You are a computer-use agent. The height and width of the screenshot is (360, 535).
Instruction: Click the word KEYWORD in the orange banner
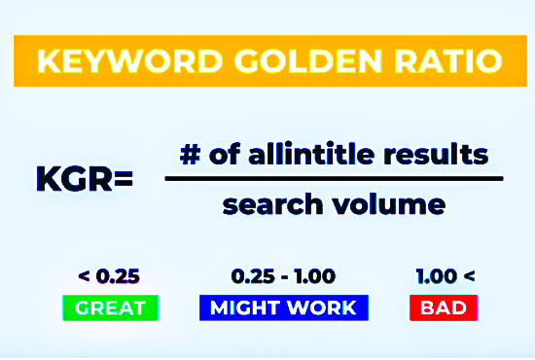(x=114, y=63)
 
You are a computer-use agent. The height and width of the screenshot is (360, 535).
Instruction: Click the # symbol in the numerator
(x=190, y=154)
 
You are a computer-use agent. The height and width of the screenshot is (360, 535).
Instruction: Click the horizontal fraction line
(x=334, y=179)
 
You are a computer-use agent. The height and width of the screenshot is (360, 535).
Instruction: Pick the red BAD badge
(x=445, y=308)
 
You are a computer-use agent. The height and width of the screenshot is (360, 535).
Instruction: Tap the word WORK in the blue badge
(x=320, y=308)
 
